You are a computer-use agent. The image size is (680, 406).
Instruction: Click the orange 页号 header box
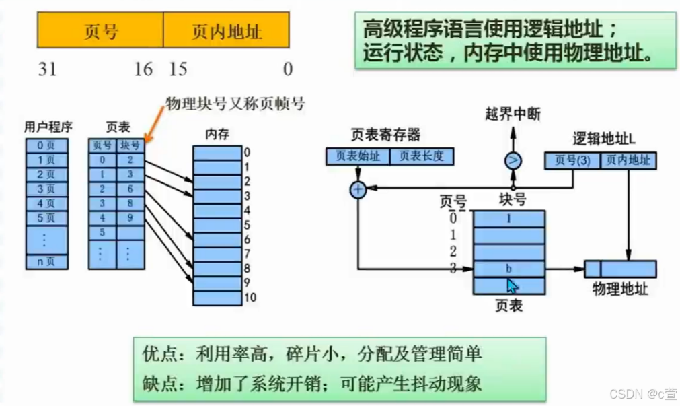tap(100, 31)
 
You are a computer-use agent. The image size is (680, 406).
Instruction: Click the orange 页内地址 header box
tap(227, 31)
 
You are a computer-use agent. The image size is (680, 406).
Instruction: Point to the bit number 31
tap(47, 69)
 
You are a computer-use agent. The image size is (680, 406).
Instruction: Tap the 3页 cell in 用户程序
tap(46, 189)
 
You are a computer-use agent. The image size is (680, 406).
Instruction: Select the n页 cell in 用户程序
tap(46, 261)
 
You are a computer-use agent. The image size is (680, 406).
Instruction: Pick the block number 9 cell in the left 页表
tap(130, 217)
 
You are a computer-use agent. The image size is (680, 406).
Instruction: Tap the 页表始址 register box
tap(357, 156)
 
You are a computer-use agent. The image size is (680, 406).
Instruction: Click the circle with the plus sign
tap(358, 190)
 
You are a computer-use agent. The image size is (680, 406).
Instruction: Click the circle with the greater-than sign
tap(513, 160)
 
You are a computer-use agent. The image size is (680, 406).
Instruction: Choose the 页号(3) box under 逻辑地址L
tap(572, 160)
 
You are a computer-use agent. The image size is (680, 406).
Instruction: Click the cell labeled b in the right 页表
tap(508, 269)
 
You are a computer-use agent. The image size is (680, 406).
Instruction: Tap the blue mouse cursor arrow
tap(513, 284)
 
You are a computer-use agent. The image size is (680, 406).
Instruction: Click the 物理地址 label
tap(619, 289)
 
